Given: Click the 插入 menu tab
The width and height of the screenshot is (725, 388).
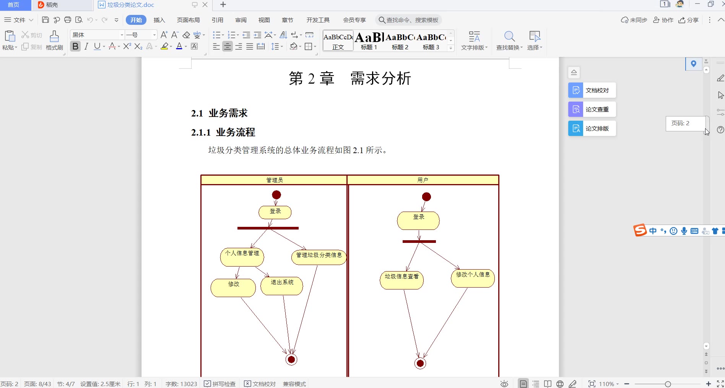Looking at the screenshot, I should (x=159, y=20).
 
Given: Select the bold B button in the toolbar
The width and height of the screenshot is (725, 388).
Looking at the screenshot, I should (x=75, y=47).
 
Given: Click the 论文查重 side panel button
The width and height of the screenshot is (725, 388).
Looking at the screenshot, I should (x=592, y=110).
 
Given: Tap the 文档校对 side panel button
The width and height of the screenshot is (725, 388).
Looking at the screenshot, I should (x=592, y=91).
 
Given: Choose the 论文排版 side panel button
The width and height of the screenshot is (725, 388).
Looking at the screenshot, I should (x=592, y=129).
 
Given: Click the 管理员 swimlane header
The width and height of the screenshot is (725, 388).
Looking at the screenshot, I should (x=274, y=180).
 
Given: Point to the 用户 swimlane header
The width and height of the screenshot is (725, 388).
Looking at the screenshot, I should (x=423, y=180).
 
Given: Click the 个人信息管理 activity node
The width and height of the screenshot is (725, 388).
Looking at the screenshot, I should (x=242, y=257).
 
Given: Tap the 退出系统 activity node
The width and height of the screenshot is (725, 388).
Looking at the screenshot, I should (x=282, y=286).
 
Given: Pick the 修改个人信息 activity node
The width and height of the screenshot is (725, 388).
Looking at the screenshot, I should (x=473, y=278).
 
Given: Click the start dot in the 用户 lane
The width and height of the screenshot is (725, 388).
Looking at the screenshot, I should (x=426, y=197).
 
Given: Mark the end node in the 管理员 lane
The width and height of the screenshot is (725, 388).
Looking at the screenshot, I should (x=291, y=359).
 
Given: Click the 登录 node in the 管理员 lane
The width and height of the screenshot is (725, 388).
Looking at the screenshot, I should (x=275, y=212).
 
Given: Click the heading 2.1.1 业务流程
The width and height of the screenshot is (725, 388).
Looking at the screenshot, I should (x=223, y=133).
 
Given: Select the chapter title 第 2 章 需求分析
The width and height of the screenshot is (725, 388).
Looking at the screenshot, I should (x=349, y=79).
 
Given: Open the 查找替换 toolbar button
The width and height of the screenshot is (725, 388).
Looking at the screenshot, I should (x=509, y=40).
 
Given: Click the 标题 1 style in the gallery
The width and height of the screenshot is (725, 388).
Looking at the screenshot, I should (x=369, y=40).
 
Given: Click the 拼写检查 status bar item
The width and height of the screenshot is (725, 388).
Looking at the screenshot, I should (x=220, y=384).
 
